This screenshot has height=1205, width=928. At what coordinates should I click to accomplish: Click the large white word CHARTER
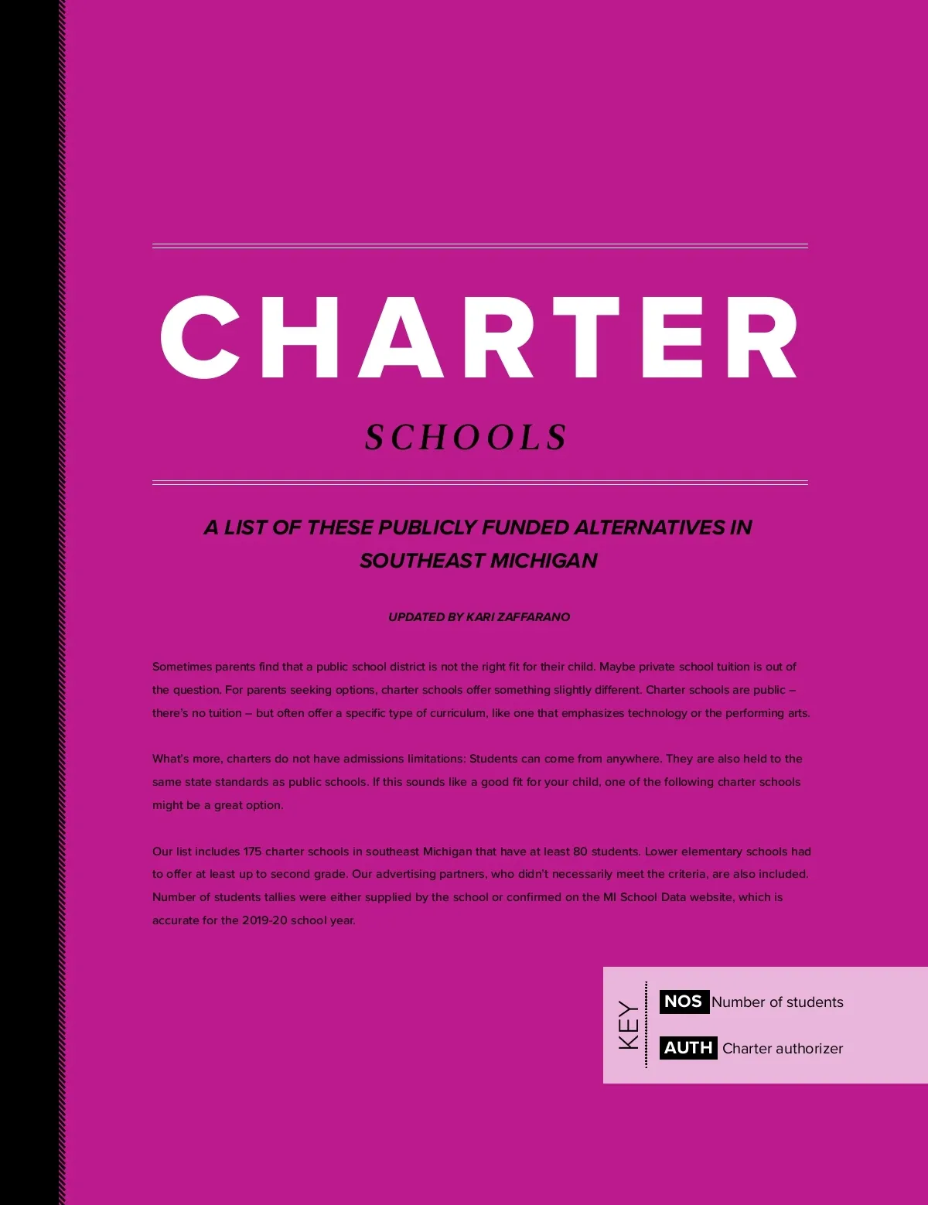click(479, 337)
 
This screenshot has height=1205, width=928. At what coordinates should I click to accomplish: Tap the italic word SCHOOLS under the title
click(466, 438)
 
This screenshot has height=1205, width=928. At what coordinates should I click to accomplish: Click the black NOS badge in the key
click(684, 1002)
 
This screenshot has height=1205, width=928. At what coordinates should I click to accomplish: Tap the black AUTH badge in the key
click(688, 1048)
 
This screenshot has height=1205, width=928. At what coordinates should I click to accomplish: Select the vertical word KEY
click(629, 1026)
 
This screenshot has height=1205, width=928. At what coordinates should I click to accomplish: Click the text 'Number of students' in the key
click(777, 1002)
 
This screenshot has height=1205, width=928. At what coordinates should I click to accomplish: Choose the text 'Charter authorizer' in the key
click(783, 1049)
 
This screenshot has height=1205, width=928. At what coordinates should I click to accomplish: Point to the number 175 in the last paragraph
click(252, 852)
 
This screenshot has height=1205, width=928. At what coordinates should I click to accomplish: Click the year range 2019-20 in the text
click(264, 921)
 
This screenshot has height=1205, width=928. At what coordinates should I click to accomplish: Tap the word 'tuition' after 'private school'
click(733, 667)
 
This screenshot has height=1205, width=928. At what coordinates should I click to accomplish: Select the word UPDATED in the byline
click(416, 617)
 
